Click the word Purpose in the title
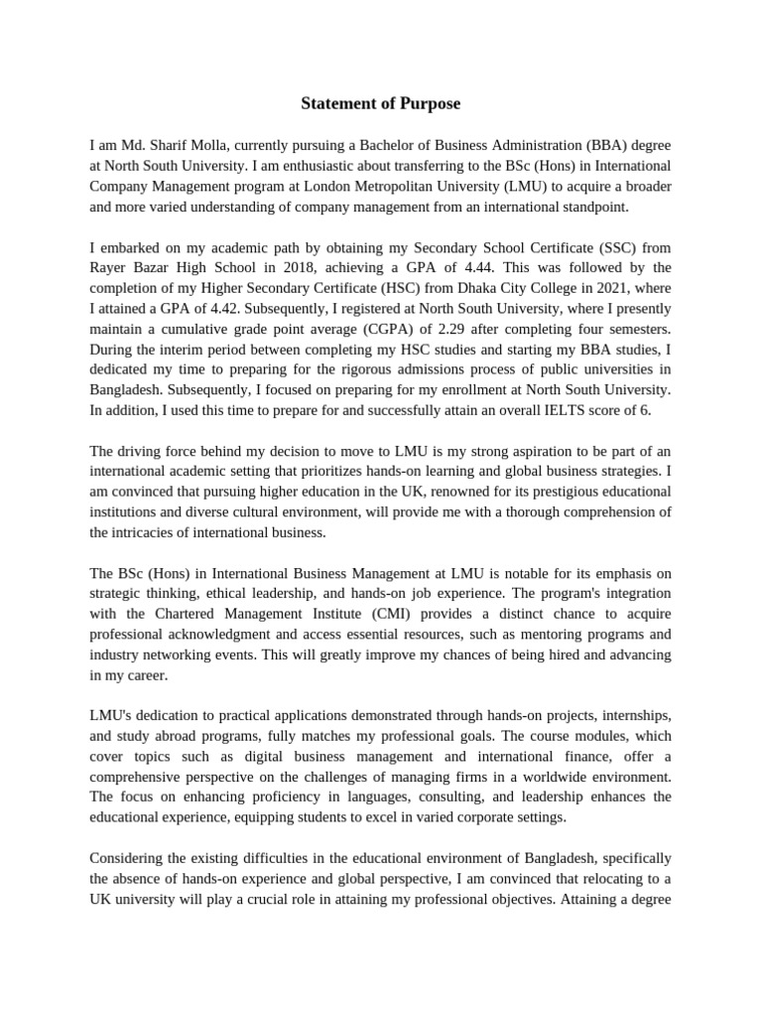tap(427, 103)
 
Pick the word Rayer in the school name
tap(110, 268)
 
